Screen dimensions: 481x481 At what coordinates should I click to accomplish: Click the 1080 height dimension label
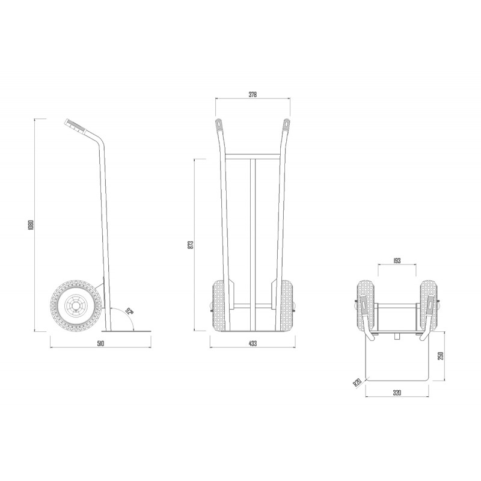pyautogui.click(x=31, y=225)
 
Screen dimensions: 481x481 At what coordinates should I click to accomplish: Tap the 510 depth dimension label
pyautogui.click(x=100, y=343)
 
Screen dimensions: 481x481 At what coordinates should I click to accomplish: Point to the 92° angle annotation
pyautogui.click(x=129, y=311)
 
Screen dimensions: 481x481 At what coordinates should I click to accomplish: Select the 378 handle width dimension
pyautogui.click(x=252, y=94)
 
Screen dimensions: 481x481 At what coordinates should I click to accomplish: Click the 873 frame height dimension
pyautogui.click(x=191, y=245)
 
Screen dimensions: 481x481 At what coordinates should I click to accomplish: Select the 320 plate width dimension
pyautogui.click(x=397, y=393)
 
